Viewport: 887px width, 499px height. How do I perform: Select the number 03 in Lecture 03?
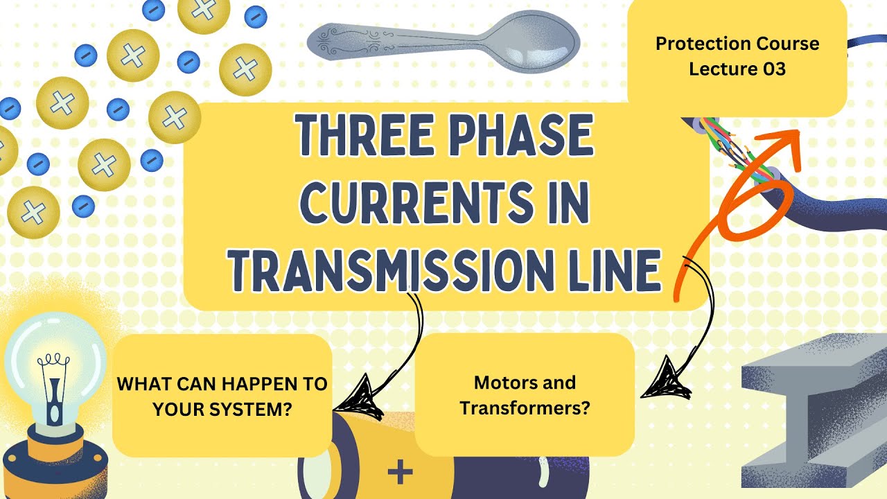[x=771, y=69]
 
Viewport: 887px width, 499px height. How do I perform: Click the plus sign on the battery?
[x=400, y=473]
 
